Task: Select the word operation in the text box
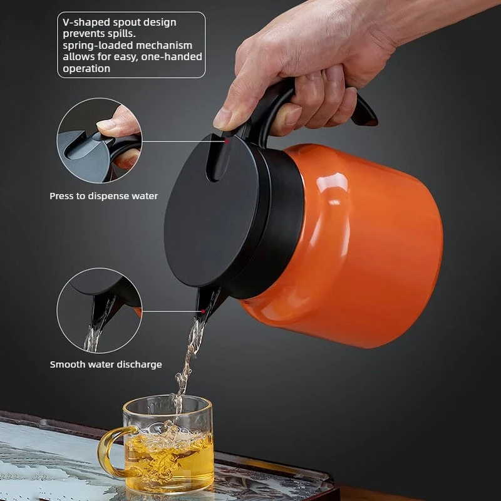[x=86, y=69]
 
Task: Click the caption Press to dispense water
[x=103, y=196]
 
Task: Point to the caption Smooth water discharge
[x=106, y=364]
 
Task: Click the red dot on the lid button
[x=227, y=141]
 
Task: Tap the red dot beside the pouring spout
[x=203, y=311]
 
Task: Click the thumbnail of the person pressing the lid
[x=100, y=140]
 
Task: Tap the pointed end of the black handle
[x=372, y=121]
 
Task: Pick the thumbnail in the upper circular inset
[x=100, y=140]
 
